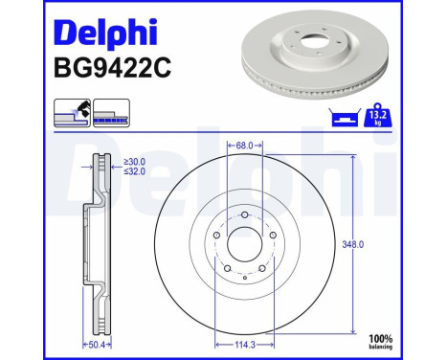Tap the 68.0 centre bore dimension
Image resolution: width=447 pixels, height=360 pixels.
point(244,146)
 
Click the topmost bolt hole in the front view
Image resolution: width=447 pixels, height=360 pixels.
point(245,214)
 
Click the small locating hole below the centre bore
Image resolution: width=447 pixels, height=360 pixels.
point(245,279)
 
